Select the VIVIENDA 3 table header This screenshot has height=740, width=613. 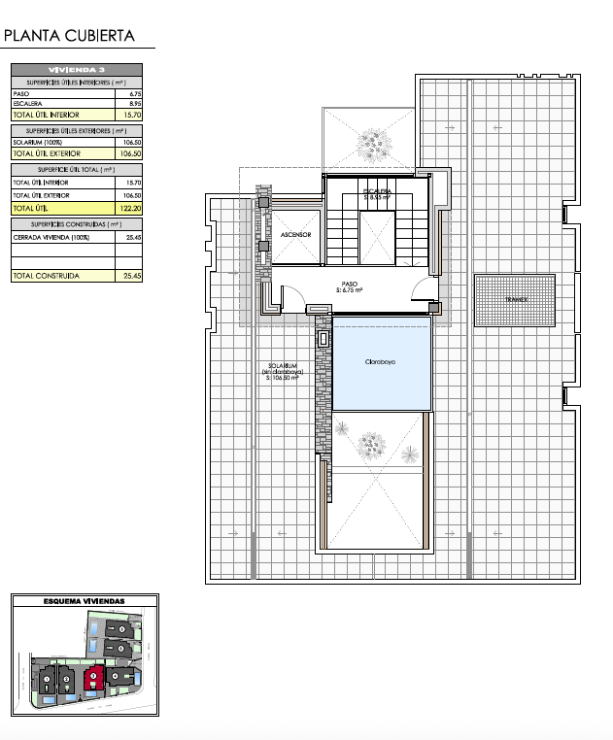point(77,70)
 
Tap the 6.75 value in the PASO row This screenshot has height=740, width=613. point(135,93)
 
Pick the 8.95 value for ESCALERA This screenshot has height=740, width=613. point(135,103)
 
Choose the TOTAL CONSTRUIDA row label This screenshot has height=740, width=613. point(45,276)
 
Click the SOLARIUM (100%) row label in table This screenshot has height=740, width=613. point(45,143)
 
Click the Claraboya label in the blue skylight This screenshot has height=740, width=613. point(380,361)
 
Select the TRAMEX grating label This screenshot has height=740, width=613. point(515,300)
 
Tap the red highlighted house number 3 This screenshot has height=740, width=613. point(94,676)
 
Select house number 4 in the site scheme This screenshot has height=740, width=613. point(116,676)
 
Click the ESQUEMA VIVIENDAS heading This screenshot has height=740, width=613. point(85,602)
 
